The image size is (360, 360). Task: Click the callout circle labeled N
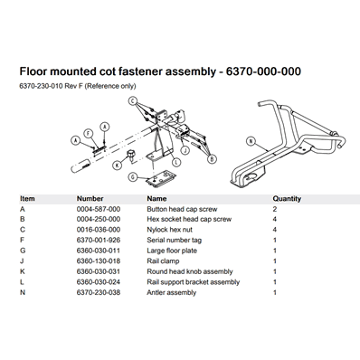tap(251, 141)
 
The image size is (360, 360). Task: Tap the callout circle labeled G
tap(133, 177)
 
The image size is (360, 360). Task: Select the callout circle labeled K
tap(117, 165)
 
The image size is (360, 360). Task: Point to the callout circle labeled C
tap(132, 100)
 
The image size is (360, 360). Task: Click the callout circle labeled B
tap(213, 159)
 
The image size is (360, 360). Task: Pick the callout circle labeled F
tap(88, 133)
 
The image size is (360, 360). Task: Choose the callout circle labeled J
tap(185, 149)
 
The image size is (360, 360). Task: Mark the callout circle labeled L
tap(175, 162)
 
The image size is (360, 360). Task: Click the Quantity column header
tap(287, 199)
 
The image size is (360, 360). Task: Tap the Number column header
tap(90, 199)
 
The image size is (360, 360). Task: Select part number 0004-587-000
tap(99, 209)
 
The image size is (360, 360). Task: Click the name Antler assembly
tap(172, 292)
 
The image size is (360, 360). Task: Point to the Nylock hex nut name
tap(169, 230)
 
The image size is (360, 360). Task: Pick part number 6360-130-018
tap(99, 261)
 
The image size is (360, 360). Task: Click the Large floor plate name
tap(172, 251)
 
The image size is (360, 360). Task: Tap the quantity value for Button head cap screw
tap(275, 209)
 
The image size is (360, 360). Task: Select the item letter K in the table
tap(23, 271)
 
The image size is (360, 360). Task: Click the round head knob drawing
tap(131, 154)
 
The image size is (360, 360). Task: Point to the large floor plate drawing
tap(161, 179)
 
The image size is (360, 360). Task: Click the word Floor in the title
tap(33, 71)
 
